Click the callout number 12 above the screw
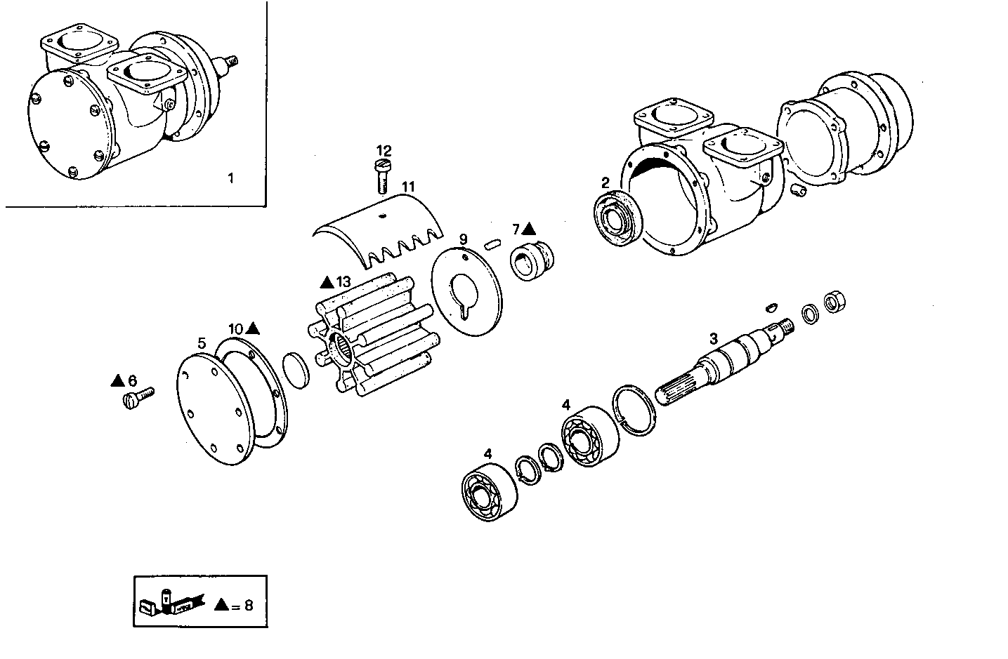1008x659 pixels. pyautogui.click(x=384, y=151)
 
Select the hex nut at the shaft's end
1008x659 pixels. pyautogui.click(x=834, y=302)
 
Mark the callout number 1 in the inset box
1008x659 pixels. pyautogui.click(x=230, y=178)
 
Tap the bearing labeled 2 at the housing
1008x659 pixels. pyautogui.click(x=617, y=219)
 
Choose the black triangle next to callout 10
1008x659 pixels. pyautogui.click(x=254, y=328)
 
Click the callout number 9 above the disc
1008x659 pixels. pyautogui.click(x=463, y=239)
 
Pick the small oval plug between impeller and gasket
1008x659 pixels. pyautogui.click(x=296, y=369)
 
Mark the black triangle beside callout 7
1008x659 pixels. pyautogui.click(x=529, y=229)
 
